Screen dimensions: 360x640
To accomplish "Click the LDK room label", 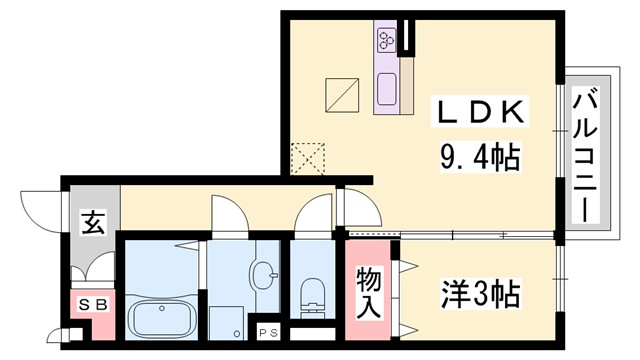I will tap(478, 112).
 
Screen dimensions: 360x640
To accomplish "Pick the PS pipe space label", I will tap(267, 332).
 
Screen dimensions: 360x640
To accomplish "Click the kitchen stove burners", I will tap(386, 40).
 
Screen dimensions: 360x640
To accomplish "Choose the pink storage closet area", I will tap(369, 290).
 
